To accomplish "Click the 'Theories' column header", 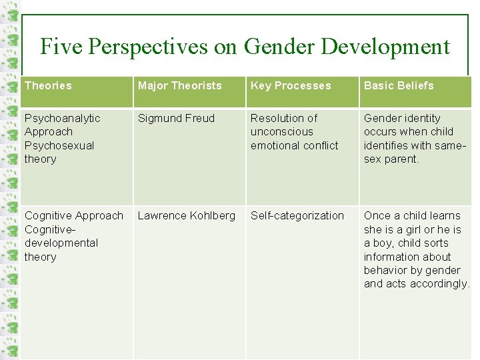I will coord(48,85).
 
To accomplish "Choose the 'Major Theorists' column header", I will coord(179,85).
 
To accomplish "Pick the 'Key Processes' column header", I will coord(291,85).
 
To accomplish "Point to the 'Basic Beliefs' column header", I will coord(399,85).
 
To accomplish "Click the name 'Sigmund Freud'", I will coord(176,118).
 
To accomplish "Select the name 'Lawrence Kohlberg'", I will coord(186,215).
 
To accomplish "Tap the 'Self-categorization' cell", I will coord(297,215).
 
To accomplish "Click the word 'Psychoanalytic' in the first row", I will coord(62,118).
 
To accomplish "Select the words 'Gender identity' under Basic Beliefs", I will coord(402,118).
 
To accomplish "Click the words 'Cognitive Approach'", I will coord(74,215).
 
